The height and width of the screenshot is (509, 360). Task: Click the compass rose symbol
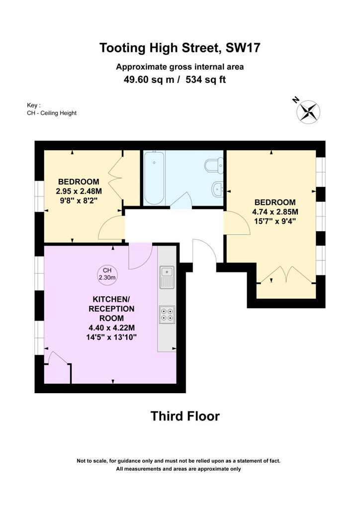[308, 112]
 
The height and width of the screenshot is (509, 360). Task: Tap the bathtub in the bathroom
[154, 178]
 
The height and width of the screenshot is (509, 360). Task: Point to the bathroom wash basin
[217, 189]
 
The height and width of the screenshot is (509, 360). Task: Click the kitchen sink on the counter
[167, 277]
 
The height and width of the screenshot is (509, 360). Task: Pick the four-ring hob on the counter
[167, 315]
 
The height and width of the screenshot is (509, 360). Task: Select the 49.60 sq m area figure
[149, 80]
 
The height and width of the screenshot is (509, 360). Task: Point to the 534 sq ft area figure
[205, 80]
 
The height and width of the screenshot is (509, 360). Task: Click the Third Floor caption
[185, 416]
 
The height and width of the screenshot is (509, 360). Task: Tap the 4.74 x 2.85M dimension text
[275, 212]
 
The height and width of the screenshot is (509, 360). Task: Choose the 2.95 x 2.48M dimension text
[79, 191]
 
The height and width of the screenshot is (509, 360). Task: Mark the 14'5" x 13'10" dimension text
[111, 338]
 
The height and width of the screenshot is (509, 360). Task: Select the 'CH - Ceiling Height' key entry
[52, 113]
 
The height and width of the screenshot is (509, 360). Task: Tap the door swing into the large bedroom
[237, 223]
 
